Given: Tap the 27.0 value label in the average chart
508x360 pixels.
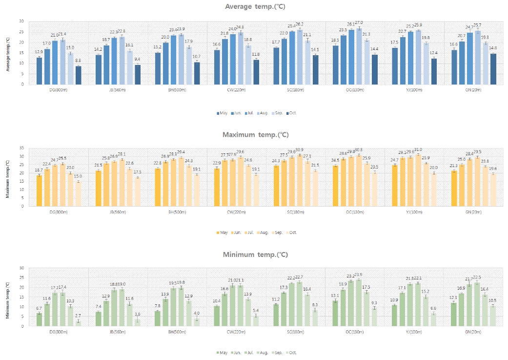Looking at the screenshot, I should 359,22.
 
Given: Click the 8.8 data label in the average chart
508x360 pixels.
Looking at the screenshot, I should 79,61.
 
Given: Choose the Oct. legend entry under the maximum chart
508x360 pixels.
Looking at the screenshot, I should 291,233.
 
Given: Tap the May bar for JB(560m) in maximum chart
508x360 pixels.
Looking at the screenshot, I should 99,188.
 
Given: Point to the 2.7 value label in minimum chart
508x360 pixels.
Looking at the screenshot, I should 79,317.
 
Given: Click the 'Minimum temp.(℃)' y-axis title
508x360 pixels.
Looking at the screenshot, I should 7,297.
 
